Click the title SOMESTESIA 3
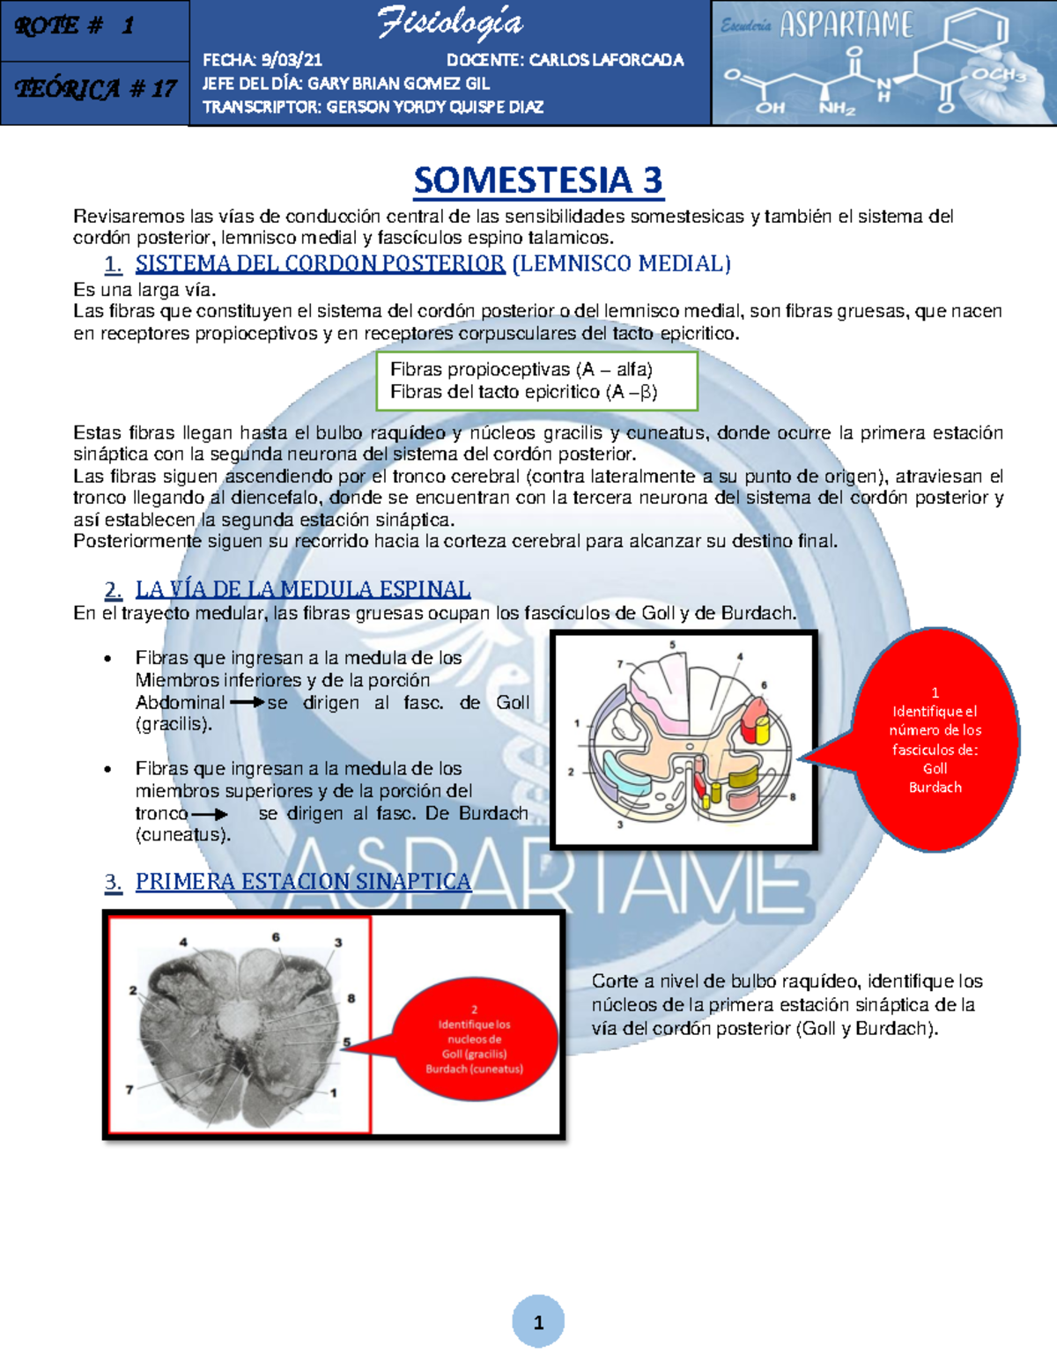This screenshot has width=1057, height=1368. click(537, 181)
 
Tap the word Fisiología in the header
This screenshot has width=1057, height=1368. click(450, 24)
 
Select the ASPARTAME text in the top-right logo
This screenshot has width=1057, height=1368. click(846, 26)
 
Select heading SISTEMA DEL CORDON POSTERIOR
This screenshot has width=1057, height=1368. click(320, 263)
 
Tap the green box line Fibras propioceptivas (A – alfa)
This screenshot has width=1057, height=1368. click(521, 369)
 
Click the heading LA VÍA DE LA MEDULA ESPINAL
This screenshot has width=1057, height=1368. click(302, 588)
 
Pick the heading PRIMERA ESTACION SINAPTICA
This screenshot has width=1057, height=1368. click(303, 882)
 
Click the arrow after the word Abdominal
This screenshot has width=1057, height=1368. click(247, 703)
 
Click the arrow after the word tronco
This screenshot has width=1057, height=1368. click(210, 814)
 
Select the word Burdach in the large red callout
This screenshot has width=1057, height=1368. click(935, 788)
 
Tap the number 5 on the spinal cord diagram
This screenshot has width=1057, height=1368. click(672, 645)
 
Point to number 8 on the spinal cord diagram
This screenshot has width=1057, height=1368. click(792, 796)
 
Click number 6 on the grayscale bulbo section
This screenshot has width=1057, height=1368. click(276, 937)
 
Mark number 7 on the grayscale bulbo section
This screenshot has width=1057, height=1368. click(129, 1090)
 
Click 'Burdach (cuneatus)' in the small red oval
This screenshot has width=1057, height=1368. click(474, 1069)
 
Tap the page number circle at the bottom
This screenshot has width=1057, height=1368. click(538, 1321)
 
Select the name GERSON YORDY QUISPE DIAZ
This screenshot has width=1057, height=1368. click(434, 107)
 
